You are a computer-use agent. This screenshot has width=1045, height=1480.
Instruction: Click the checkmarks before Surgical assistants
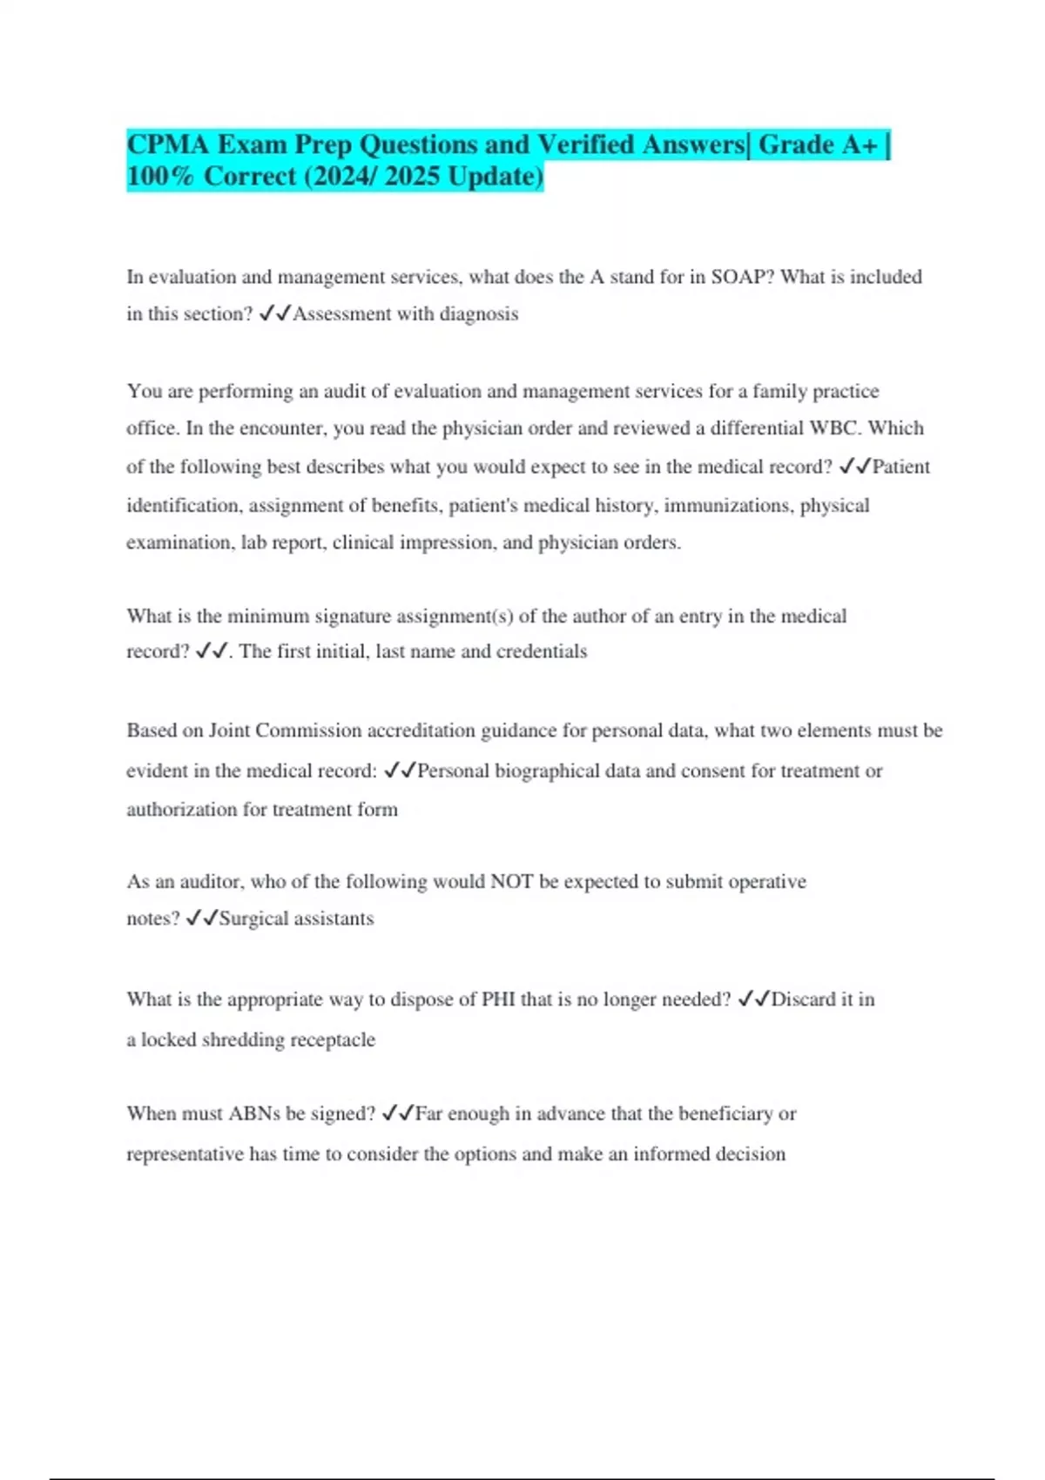[202, 918]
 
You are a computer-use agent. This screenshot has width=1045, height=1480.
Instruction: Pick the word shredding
[242, 1040]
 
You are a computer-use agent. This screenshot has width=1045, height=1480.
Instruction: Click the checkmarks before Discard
[753, 999]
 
